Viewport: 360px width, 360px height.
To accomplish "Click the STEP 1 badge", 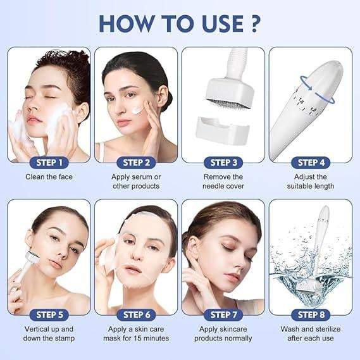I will point(49,163).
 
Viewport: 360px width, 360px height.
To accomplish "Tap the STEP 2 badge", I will point(135,163).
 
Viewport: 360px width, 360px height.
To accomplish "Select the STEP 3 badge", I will point(223,163).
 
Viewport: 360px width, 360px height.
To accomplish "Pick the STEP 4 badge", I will point(310,163).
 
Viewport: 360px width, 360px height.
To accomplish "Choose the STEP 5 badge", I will point(49,314).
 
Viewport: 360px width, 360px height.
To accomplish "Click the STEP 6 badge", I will point(135,314).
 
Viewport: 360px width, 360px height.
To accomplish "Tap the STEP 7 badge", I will point(223,314).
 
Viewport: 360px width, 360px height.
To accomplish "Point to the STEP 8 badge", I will point(310,314).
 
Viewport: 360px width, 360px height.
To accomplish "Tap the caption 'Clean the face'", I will point(49,177).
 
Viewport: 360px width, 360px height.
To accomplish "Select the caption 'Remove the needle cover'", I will point(223,182).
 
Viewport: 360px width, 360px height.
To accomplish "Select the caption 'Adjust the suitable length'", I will point(310,182).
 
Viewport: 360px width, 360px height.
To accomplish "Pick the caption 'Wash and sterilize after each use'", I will point(310,333).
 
